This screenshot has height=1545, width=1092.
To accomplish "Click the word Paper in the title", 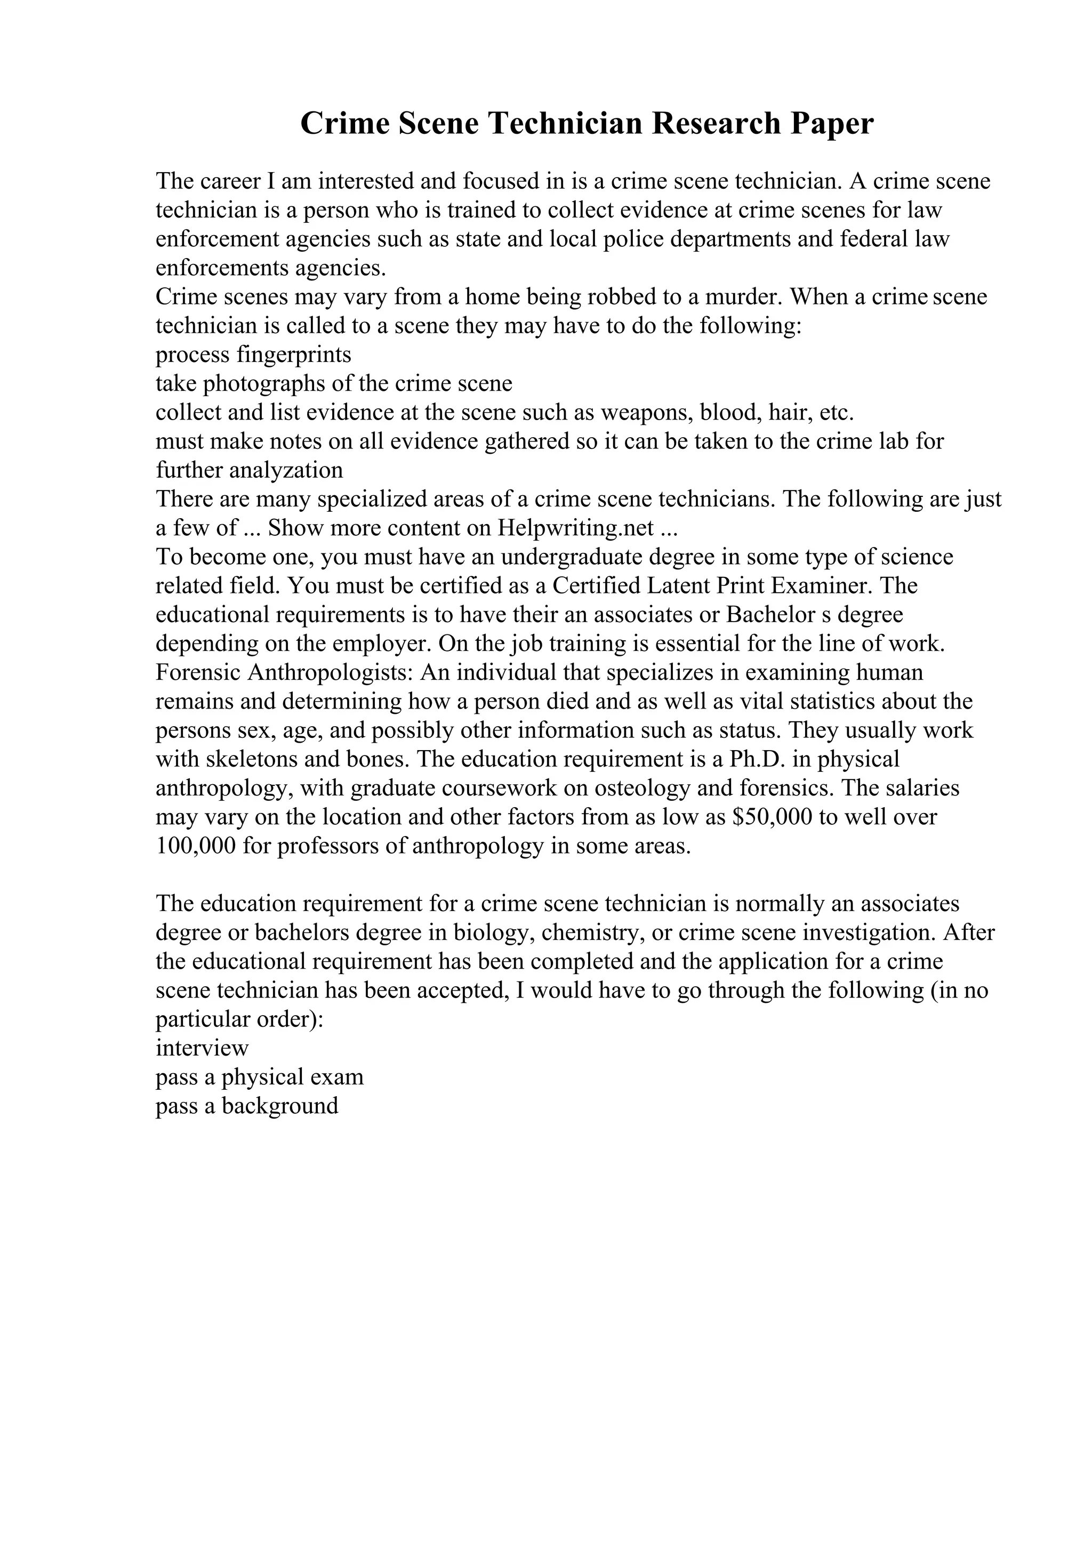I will click(832, 124).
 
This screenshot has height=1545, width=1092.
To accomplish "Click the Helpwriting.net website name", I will click(575, 528).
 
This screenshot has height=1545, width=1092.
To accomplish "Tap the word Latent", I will click(678, 585).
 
